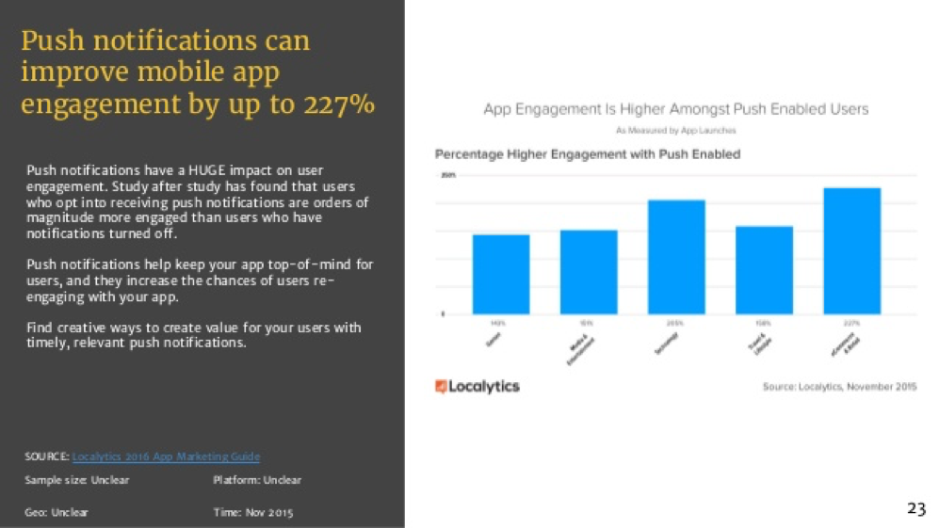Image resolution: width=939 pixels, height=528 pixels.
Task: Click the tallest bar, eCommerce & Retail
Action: [851, 250]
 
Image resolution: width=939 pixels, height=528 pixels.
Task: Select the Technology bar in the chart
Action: [676, 257]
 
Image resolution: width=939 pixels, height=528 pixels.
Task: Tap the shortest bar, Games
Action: [500, 274]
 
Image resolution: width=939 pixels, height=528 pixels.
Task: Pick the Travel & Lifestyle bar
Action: [764, 270]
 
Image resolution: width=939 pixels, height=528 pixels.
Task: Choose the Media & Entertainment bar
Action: [589, 272]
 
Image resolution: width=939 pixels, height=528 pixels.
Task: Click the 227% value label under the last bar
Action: [851, 322]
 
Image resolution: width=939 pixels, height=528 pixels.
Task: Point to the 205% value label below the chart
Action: [676, 322]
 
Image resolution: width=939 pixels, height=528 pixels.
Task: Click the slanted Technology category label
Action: [666, 344]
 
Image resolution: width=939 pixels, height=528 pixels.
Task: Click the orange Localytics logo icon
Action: [441, 387]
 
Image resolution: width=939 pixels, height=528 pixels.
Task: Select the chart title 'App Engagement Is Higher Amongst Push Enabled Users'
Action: [675, 109]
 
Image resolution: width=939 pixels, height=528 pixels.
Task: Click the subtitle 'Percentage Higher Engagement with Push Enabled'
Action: [587, 153]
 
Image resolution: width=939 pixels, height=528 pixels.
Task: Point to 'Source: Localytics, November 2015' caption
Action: [838, 387]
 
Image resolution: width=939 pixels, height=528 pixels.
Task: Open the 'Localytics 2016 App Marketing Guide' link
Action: [166, 456]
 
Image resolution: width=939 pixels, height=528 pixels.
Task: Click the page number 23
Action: [915, 509]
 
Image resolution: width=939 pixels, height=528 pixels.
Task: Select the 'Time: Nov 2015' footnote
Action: [253, 512]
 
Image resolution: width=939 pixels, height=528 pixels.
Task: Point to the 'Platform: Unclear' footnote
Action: [257, 480]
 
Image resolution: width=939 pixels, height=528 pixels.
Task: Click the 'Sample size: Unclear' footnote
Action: [76, 480]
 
